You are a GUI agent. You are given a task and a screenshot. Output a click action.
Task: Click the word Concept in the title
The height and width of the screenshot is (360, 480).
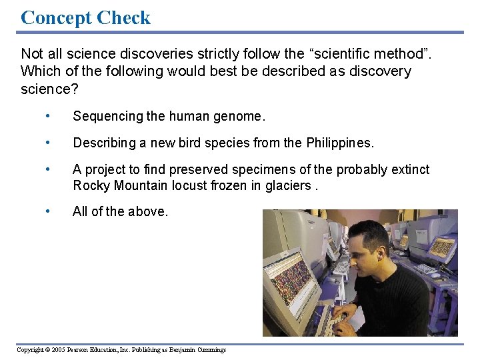(x=55, y=17)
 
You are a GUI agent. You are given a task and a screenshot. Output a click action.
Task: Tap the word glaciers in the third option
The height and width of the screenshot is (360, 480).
(x=287, y=185)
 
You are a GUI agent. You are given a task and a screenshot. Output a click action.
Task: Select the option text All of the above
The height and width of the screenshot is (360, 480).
(x=120, y=211)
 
